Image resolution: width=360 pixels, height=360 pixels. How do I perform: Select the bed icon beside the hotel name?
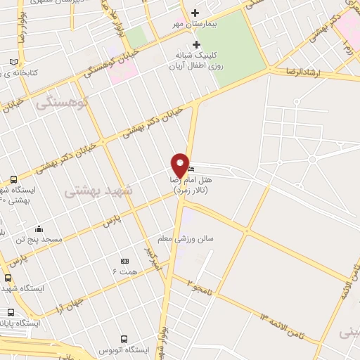click(x=192, y=169)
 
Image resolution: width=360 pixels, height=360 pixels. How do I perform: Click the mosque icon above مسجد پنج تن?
click(x=38, y=229)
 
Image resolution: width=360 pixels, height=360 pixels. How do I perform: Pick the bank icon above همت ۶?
click(x=124, y=261)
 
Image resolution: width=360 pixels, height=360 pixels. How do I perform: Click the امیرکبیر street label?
click(x=153, y=258)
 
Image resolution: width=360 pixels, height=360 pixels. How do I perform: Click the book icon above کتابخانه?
click(x=13, y=62)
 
